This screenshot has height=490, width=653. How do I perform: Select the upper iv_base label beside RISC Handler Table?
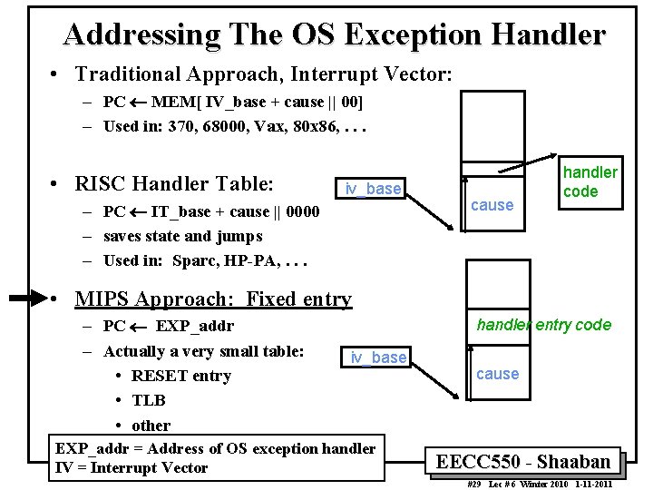(373, 189)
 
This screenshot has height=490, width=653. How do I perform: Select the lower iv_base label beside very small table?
(379, 358)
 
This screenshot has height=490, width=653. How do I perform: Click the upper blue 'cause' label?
(492, 205)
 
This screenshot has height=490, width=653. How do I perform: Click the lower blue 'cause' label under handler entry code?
(498, 374)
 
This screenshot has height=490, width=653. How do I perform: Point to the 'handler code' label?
(590, 181)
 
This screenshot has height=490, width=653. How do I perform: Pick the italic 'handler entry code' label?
(544, 325)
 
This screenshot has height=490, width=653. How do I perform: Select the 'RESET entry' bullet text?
(181, 376)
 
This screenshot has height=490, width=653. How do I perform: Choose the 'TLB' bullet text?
(149, 400)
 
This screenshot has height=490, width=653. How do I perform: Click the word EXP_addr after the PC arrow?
(194, 326)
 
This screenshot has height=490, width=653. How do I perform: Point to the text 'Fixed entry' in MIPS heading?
(298, 299)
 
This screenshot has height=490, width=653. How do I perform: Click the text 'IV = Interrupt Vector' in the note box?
(132, 468)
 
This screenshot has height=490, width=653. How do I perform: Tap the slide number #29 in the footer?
(473, 484)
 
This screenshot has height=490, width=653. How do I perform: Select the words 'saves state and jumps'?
(183, 237)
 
